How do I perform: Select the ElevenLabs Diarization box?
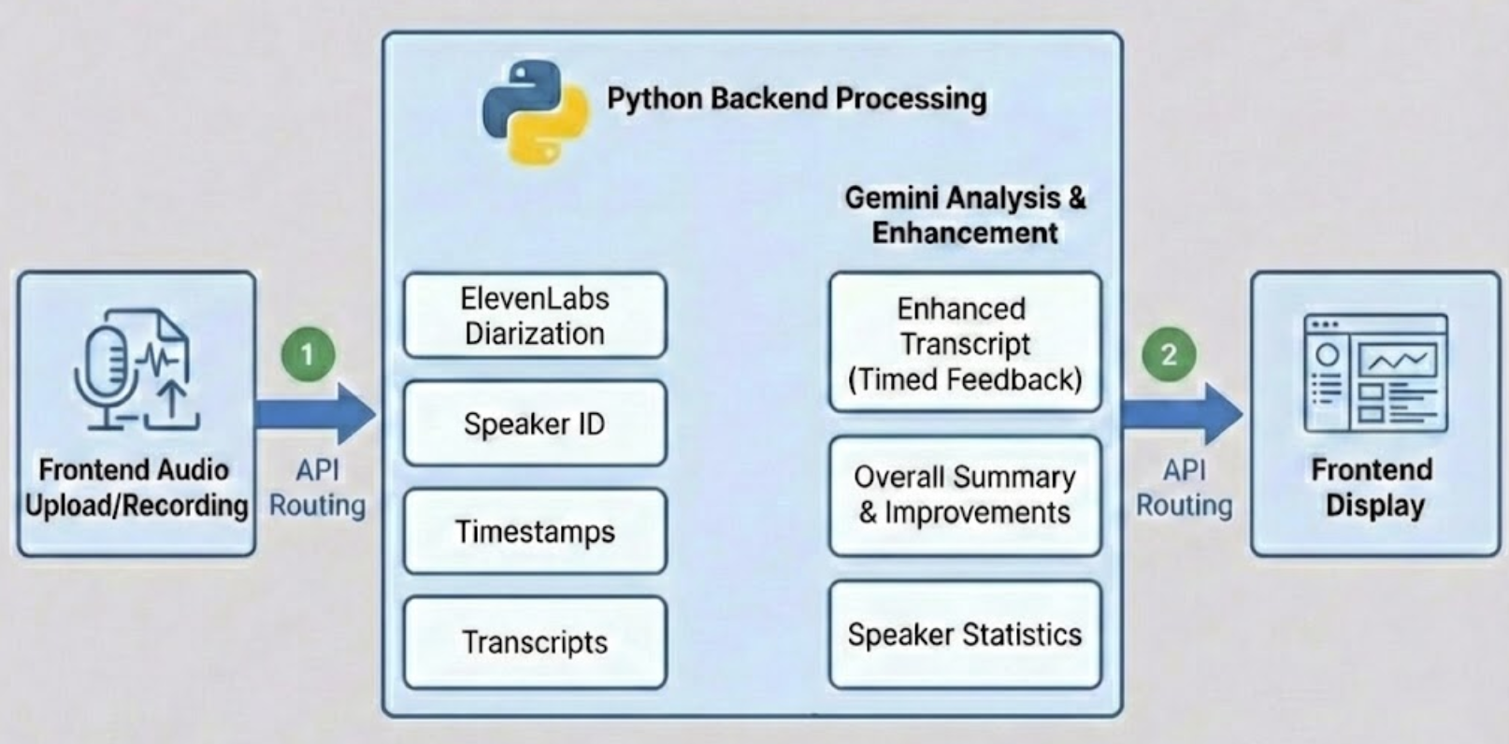tap(535, 316)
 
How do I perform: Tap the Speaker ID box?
tap(535, 423)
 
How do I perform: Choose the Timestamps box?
tap(535, 531)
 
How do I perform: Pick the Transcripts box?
tap(535, 642)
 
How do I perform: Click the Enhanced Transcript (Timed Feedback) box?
tap(965, 343)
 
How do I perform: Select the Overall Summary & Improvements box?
tap(965, 494)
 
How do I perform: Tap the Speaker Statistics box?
tap(965, 635)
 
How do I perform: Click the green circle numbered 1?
tap(308, 354)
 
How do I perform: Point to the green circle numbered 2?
tap(1169, 354)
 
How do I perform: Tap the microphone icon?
tap(105, 374)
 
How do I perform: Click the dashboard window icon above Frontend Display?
tap(1375, 373)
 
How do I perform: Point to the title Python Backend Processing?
tap(797, 98)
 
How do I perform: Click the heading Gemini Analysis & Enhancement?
tap(965, 215)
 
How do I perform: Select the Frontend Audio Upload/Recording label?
tap(136, 487)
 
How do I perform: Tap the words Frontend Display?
tap(1373, 487)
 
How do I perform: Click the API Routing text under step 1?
tap(317, 487)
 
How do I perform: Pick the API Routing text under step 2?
tap(1184, 487)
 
